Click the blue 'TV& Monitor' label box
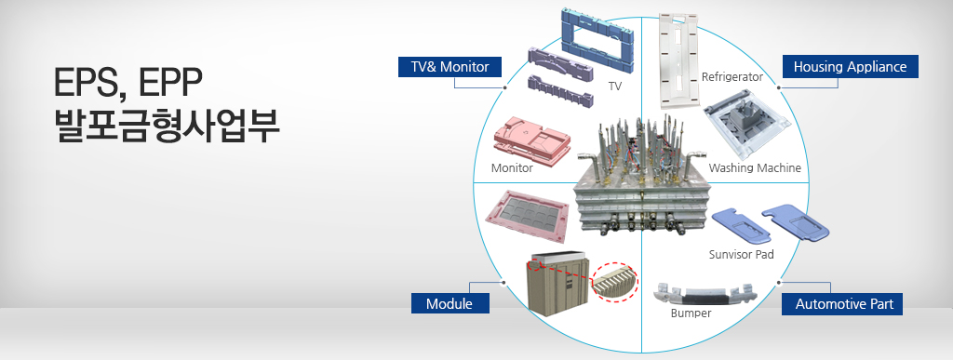tap(450, 67)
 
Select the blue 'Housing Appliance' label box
tap(850, 67)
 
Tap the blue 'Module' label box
tap(450, 303)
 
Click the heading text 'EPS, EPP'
tap(128, 83)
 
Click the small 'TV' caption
tap(615, 87)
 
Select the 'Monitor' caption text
tap(512, 168)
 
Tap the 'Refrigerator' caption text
tap(732, 77)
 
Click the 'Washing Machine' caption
tap(755, 167)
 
